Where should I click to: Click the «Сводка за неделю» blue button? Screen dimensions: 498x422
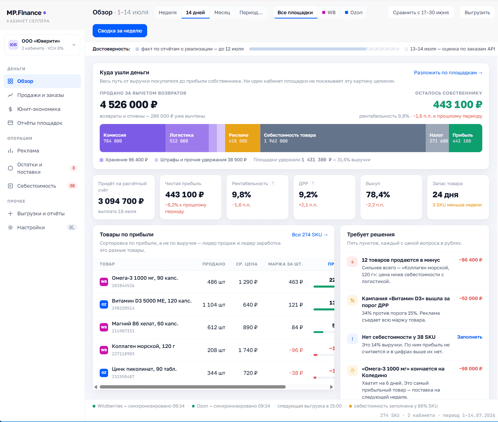[120, 31]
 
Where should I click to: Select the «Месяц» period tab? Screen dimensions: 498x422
[222, 12]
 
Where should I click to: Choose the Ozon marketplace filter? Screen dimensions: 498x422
[354, 12]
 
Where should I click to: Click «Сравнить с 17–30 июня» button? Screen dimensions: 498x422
[421, 12]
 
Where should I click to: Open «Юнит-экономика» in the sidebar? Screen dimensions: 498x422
[39, 109]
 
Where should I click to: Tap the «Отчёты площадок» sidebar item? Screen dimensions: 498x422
[40, 123]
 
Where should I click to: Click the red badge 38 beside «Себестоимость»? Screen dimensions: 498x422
[72, 186]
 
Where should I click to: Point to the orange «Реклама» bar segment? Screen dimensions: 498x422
[243, 138]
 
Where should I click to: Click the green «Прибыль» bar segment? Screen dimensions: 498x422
[465, 138]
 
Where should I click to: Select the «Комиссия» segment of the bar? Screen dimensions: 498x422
[132, 138]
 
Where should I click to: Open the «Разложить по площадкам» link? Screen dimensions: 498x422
[448, 73]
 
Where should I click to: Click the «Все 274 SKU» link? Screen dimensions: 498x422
[310, 235]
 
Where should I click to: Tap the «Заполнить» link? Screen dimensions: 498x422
[470, 337]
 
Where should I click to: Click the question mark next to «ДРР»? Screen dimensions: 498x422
[313, 183]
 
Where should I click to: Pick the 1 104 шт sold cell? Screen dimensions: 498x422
[214, 305]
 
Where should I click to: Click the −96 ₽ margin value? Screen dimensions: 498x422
[296, 350]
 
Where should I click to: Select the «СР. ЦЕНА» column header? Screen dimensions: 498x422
[247, 264]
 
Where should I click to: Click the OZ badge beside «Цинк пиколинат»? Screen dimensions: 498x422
[104, 373]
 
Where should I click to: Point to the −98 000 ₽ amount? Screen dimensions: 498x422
[471, 368]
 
